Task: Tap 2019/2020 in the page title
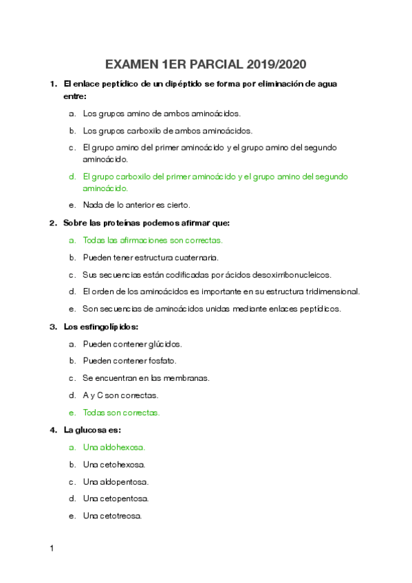(x=273, y=65)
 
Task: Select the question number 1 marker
(x=52, y=84)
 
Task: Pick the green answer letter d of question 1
(x=72, y=177)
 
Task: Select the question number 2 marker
(x=52, y=223)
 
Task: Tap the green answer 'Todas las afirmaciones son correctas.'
(x=152, y=241)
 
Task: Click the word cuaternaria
(x=196, y=258)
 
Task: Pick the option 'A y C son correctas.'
(x=120, y=395)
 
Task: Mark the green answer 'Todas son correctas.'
(x=121, y=412)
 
